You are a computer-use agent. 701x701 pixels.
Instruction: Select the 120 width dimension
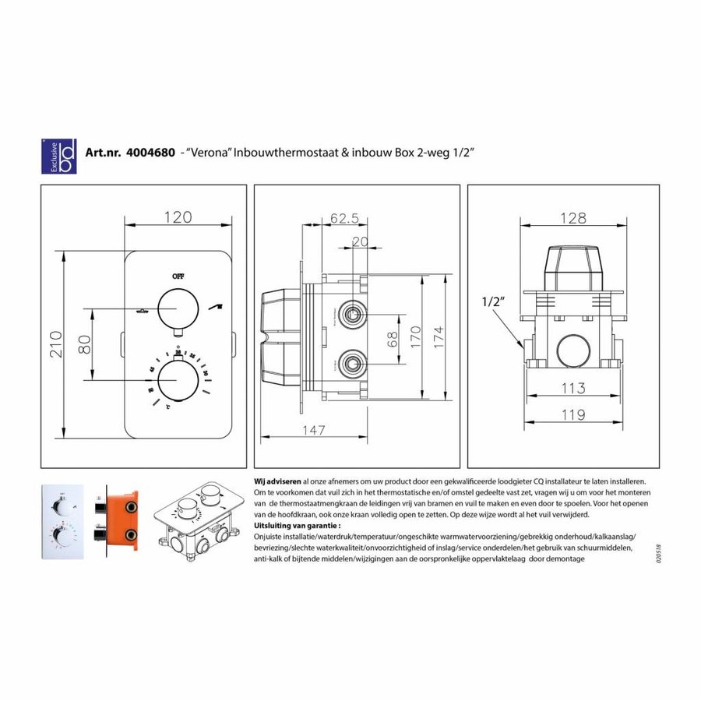pyautogui.click(x=178, y=217)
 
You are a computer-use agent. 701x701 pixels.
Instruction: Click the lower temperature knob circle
pyautogui.click(x=178, y=384)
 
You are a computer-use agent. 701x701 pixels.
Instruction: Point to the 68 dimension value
pyautogui.click(x=393, y=339)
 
